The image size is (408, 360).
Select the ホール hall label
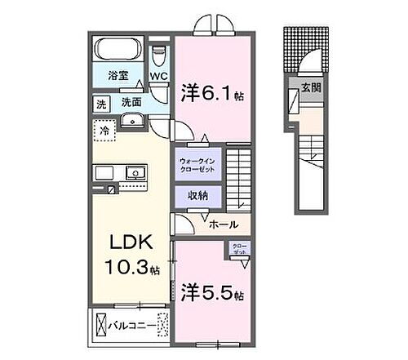pos(223,224)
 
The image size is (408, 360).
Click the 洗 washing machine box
pos(101,104)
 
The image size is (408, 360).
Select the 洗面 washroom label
pos(131,104)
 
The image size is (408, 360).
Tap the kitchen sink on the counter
pos(133,174)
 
